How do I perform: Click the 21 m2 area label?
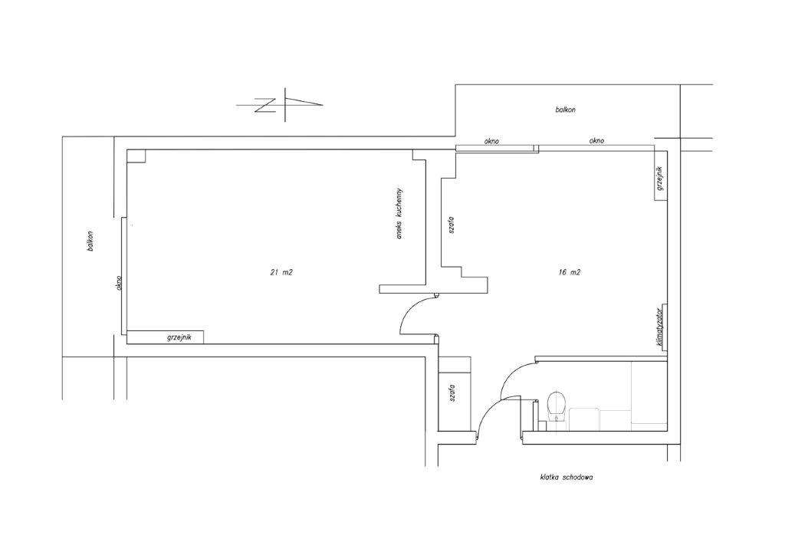click(x=281, y=272)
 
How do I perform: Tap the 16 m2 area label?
click(x=570, y=272)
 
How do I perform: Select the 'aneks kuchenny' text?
click(x=399, y=213)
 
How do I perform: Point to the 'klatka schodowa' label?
click(x=567, y=478)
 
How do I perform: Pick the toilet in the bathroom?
click(x=557, y=407)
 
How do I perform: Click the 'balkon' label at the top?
click(x=565, y=109)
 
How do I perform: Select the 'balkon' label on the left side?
click(x=90, y=241)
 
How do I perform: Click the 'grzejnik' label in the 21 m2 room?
click(x=179, y=338)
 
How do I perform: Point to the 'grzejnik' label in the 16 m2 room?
click(x=660, y=178)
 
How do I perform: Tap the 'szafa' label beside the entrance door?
click(x=452, y=394)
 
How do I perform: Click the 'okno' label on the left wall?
click(x=119, y=283)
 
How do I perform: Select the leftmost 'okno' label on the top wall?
click(x=491, y=142)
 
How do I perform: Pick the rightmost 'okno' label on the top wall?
click(x=596, y=141)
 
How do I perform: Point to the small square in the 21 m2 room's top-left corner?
click(x=136, y=156)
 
